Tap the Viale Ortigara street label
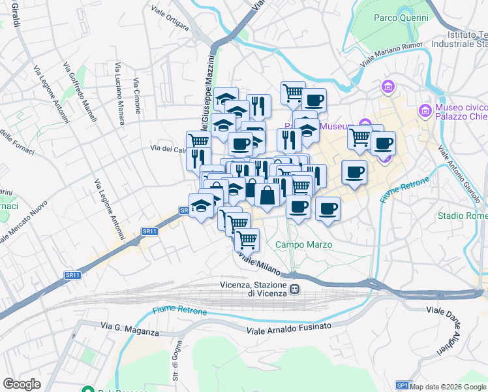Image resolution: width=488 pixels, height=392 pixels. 169,19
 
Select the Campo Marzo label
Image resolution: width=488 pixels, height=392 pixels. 303,244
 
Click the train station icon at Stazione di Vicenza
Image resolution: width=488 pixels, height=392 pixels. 295,289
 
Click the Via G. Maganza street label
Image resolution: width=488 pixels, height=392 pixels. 130,328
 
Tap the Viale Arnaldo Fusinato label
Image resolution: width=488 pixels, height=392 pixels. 289,328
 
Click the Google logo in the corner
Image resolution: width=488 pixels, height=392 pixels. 22,384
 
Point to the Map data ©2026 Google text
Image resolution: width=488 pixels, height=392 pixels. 448,387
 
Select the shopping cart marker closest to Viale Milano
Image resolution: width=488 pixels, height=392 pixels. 247,239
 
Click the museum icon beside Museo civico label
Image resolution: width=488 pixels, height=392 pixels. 426,111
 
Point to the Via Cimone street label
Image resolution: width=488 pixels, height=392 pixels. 137,95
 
